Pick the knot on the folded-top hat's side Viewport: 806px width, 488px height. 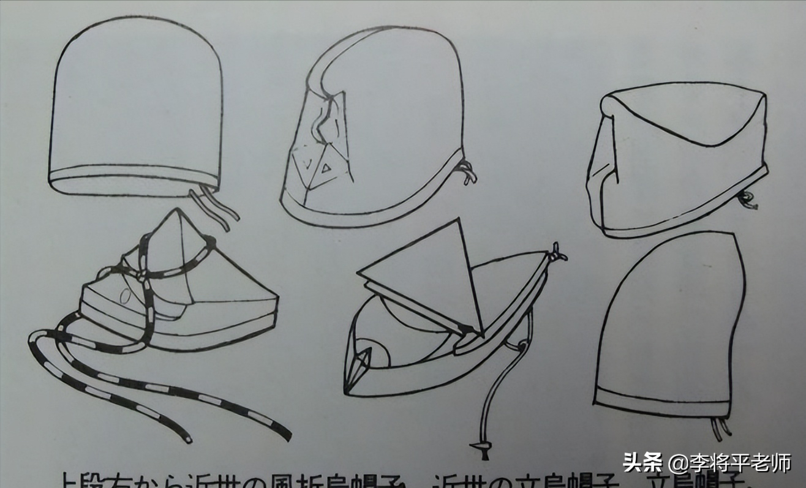pyautogui.click(x=748, y=199)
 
